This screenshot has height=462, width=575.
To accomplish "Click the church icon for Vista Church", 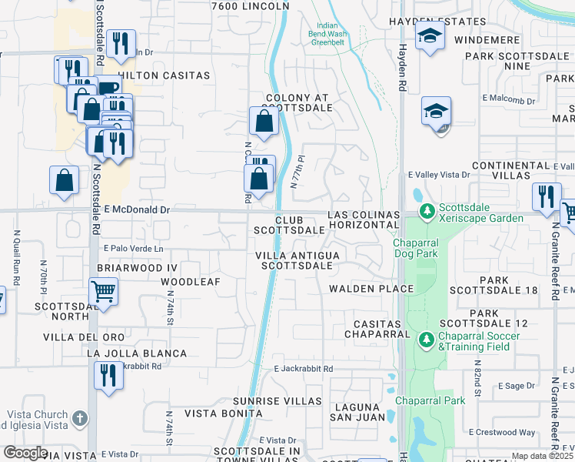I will [x=81, y=420].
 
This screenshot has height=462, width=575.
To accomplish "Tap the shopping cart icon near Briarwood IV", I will [x=103, y=292].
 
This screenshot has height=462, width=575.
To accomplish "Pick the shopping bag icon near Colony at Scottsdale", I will [x=264, y=120].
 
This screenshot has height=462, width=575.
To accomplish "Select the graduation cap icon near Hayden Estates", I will [x=429, y=35].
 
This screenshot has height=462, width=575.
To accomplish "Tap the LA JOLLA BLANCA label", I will [x=137, y=353].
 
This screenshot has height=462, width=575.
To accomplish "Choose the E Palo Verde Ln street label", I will [x=135, y=249].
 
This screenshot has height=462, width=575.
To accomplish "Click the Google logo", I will [x=25, y=453].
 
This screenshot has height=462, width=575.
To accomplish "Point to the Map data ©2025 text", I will [x=543, y=456].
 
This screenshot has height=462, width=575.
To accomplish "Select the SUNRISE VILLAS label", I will [x=278, y=401].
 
